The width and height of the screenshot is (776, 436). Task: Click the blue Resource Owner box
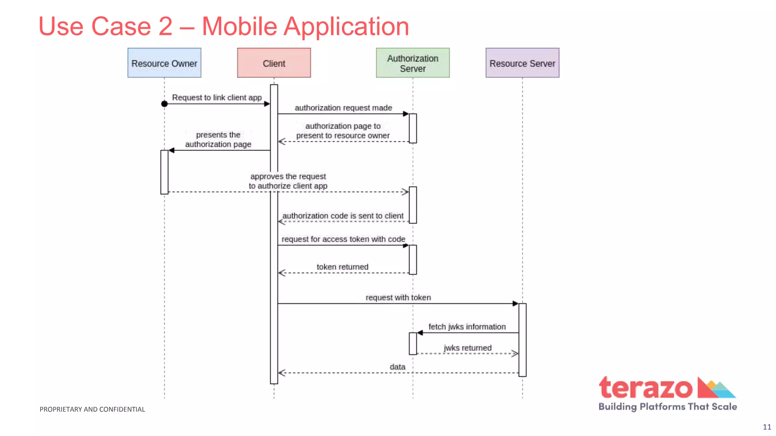[164, 63]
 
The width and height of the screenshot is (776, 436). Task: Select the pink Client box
[274, 63]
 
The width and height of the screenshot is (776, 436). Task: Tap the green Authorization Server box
[413, 63]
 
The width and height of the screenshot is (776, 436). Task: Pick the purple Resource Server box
[522, 63]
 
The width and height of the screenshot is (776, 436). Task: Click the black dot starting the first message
[164, 104]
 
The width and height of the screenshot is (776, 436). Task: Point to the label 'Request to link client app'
[217, 97]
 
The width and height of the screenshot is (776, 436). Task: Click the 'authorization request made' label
[343, 108]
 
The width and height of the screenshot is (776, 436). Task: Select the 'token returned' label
[342, 267]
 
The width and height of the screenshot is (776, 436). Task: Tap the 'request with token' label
[398, 297]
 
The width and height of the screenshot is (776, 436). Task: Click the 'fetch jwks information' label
[467, 327]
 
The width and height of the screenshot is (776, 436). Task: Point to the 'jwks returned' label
[468, 348]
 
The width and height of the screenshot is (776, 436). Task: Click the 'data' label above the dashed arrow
[397, 367]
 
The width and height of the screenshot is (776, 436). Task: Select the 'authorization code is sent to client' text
[343, 216]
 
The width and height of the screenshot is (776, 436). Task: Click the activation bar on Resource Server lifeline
[522, 339]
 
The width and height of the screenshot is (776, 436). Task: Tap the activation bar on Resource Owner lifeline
[164, 172]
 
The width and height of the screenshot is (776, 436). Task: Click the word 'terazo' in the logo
[645, 388]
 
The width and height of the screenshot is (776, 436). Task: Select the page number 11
[767, 427]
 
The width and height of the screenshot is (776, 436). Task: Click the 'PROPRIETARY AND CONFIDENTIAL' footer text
[92, 409]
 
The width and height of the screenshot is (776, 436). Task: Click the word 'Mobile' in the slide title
[239, 26]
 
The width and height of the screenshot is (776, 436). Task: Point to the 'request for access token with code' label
[343, 239]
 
